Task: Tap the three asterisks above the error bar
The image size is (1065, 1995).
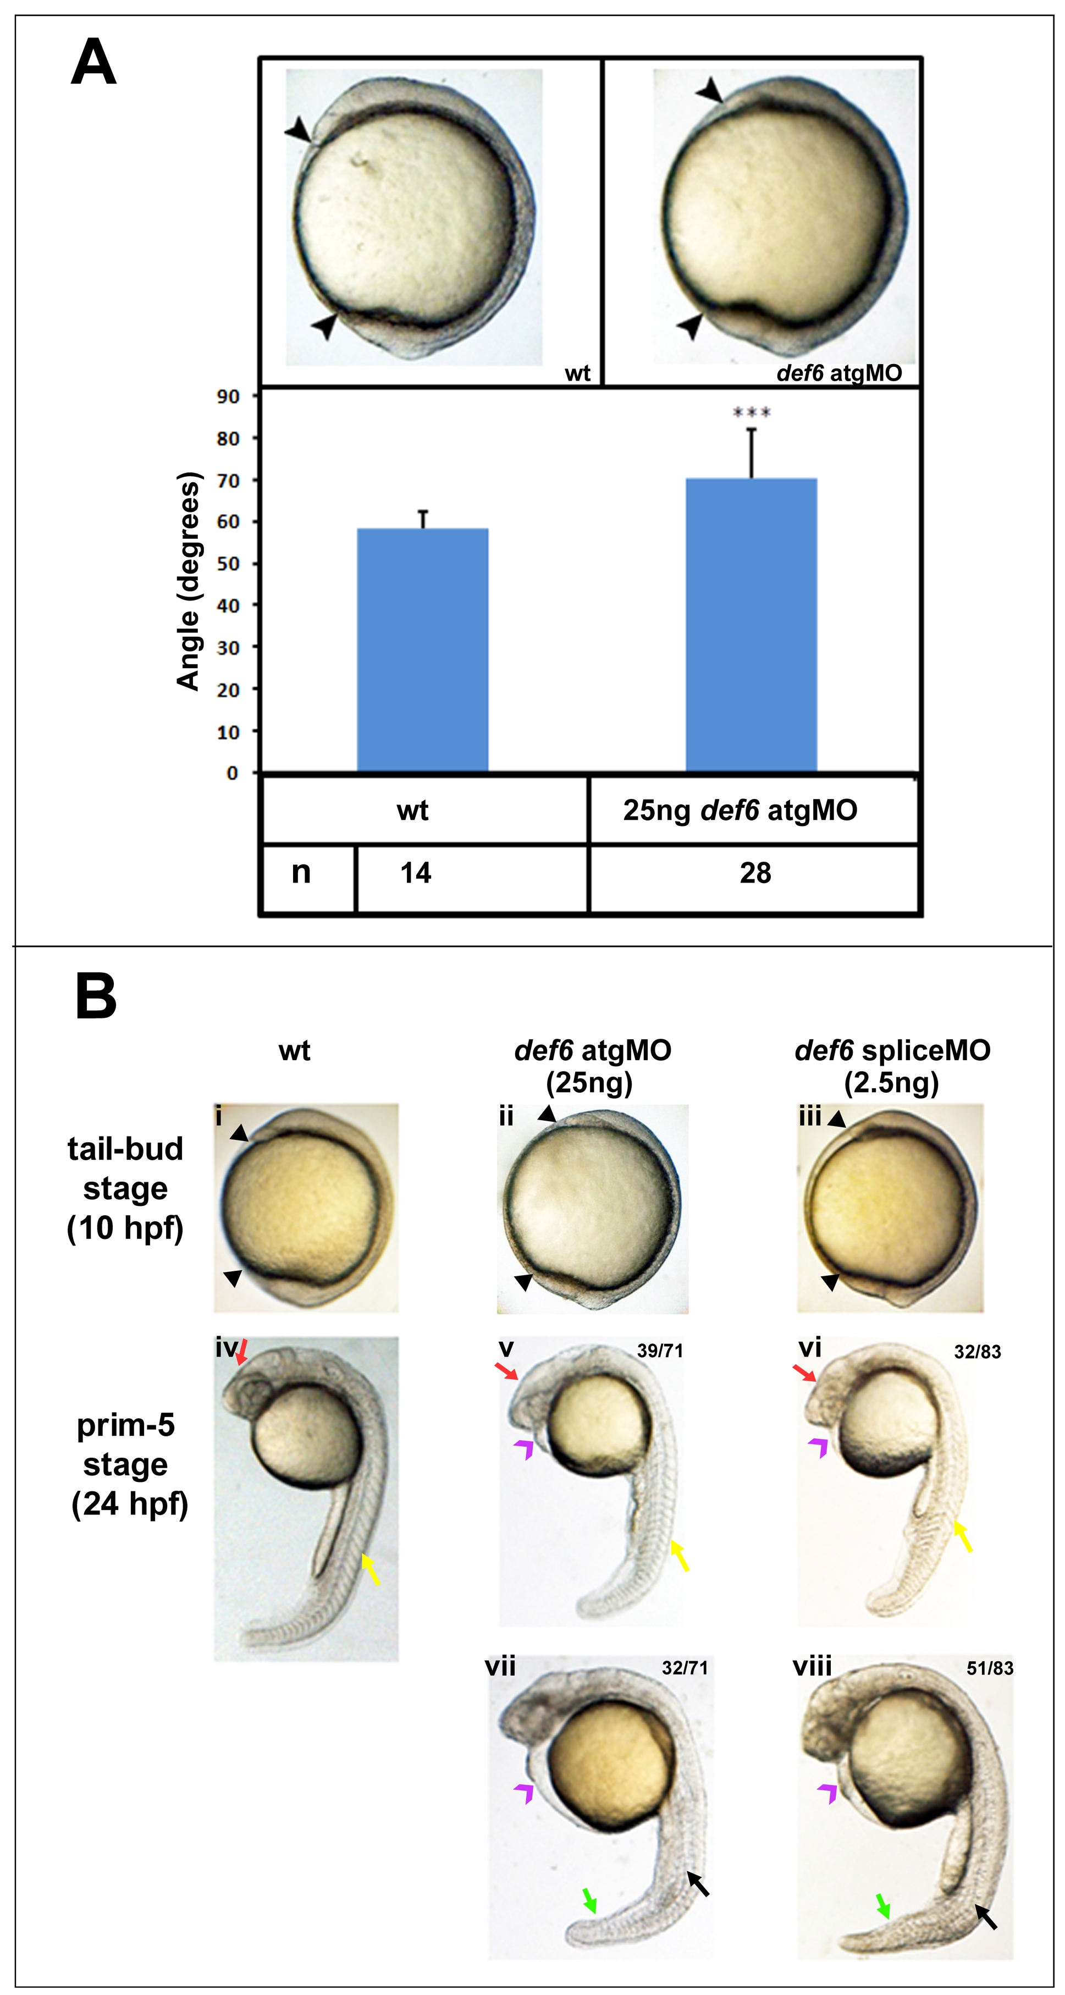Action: click(x=751, y=412)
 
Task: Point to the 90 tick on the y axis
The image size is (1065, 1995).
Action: click(x=228, y=396)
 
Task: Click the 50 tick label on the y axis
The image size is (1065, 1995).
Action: click(x=228, y=564)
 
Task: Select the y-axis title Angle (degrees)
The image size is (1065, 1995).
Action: click(x=188, y=581)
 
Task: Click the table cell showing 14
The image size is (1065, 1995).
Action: click(x=415, y=874)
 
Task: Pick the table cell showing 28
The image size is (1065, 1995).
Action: click(x=755, y=874)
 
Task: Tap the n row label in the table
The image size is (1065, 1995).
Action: click(x=301, y=872)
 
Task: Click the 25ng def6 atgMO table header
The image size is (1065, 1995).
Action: click(x=740, y=811)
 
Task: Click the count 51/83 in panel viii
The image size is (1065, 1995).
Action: click(x=989, y=1668)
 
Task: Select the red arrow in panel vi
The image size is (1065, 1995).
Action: click(x=804, y=1374)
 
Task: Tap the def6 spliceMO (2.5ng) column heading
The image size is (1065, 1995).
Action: click(x=892, y=1066)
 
